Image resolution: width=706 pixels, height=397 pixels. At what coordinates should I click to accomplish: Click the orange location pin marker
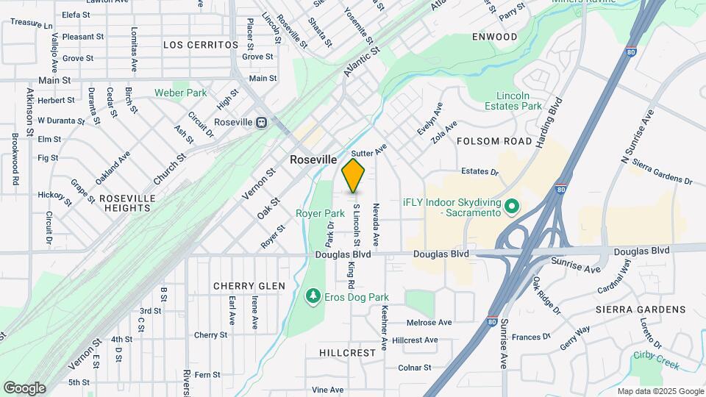click(x=354, y=175)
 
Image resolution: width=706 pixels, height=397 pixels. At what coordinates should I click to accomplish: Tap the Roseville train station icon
click(x=261, y=123)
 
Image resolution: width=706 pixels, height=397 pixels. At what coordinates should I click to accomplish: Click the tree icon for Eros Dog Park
click(x=313, y=295)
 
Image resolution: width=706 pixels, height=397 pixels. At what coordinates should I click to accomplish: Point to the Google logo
click(x=24, y=387)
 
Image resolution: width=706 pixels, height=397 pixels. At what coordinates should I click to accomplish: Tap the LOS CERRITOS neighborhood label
click(x=201, y=45)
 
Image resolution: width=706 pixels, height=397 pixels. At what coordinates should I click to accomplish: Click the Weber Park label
click(x=180, y=93)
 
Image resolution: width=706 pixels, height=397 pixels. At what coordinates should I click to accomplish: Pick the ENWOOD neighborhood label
click(x=495, y=37)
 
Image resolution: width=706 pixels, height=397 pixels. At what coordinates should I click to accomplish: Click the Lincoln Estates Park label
click(x=519, y=101)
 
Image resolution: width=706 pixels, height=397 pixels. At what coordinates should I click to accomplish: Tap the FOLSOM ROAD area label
click(x=494, y=140)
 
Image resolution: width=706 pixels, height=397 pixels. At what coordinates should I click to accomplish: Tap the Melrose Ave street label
click(x=429, y=322)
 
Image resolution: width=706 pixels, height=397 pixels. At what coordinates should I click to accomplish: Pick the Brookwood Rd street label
click(x=15, y=158)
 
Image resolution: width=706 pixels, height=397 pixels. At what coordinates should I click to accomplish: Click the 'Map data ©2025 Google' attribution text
click(x=660, y=390)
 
